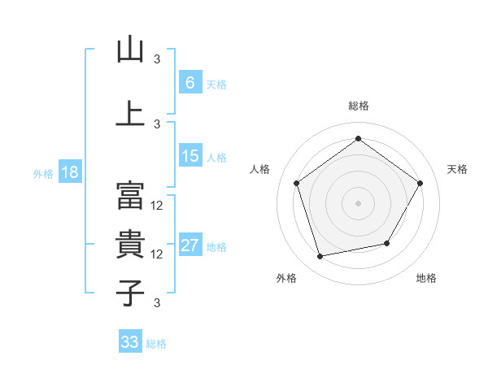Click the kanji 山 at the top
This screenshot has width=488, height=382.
130,50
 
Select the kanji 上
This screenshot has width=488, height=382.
130,113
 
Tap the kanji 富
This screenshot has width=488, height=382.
130,195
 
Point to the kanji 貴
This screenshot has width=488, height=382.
130,243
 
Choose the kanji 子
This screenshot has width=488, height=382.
130,292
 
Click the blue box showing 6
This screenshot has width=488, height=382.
190,83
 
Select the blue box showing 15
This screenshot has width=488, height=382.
190,156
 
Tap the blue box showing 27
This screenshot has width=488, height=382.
190,246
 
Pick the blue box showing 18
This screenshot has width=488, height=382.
69,173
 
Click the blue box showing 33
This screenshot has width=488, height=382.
130,342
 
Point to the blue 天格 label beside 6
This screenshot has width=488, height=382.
216,85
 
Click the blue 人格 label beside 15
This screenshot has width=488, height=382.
216,158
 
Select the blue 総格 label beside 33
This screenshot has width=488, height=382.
156,344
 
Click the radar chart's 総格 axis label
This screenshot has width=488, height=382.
358,106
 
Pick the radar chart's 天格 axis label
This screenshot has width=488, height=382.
457,169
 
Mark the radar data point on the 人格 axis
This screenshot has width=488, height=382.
296,183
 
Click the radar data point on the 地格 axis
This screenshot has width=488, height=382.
387,243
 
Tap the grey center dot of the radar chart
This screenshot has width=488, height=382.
358,202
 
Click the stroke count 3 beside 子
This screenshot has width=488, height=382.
156,303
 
